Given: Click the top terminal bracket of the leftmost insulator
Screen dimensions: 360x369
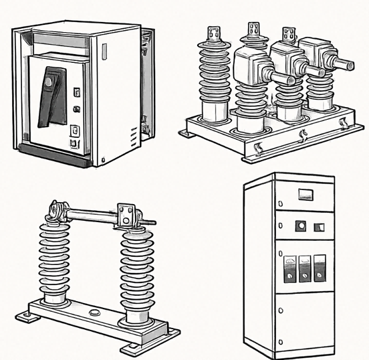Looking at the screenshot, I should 215,33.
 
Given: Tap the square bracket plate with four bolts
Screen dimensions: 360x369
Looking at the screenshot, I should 126,216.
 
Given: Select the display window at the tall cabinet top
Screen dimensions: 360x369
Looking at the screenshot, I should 305,195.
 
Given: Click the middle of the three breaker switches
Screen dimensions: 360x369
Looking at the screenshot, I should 305,266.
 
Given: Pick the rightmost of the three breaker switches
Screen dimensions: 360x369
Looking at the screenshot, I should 321,266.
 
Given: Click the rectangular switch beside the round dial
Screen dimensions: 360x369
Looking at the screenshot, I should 318,226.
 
